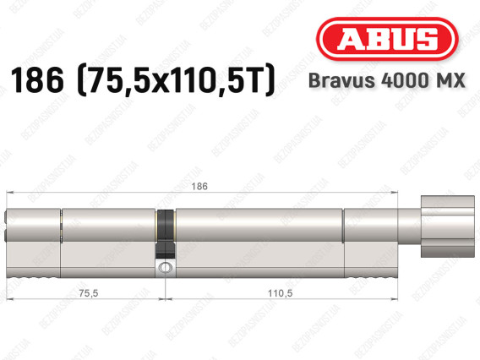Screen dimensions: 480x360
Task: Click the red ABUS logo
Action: tap(387, 39)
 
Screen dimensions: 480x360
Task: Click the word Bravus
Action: tap(341, 80)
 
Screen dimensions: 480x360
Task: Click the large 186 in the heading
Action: tap(37, 80)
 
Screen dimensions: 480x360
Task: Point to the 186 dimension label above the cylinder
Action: tap(199, 186)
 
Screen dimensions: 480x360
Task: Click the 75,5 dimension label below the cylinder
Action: tap(89, 293)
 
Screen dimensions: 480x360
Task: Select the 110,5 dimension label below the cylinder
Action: tap(280, 293)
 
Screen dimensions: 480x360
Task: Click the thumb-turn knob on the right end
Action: tap(448, 226)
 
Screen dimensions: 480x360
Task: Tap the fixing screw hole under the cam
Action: tap(165, 267)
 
